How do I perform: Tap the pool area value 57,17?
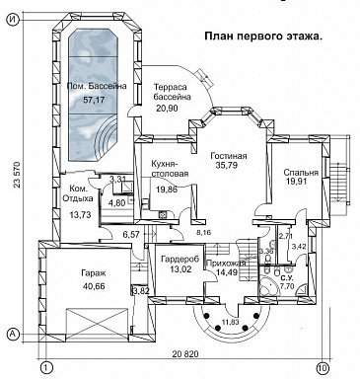95,100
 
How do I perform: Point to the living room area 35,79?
227,168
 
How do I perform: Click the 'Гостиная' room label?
228,156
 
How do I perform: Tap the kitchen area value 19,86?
166,189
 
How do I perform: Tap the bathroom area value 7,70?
287,285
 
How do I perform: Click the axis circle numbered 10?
323,367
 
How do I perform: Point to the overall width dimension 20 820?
185,353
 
